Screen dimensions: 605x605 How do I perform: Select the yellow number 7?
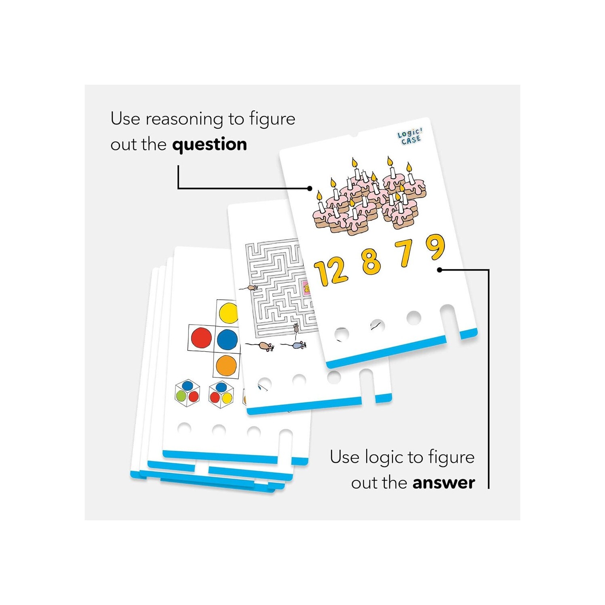click(x=405, y=253)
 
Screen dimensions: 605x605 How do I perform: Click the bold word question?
click(x=209, y=144)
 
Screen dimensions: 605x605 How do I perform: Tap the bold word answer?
click(x=444, y=482)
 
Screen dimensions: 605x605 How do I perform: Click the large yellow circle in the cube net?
click(x=228, y=313)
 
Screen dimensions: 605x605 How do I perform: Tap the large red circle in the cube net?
click(x=201, y=338)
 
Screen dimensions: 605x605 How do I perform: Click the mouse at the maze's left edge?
click(x=251, y=288)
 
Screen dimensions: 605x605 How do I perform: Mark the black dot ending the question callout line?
click(x=310, y=188)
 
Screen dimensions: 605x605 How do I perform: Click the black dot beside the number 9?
click(x=440, y=270)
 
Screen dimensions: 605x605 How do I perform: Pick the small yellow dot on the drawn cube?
click(x=227, y=398)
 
